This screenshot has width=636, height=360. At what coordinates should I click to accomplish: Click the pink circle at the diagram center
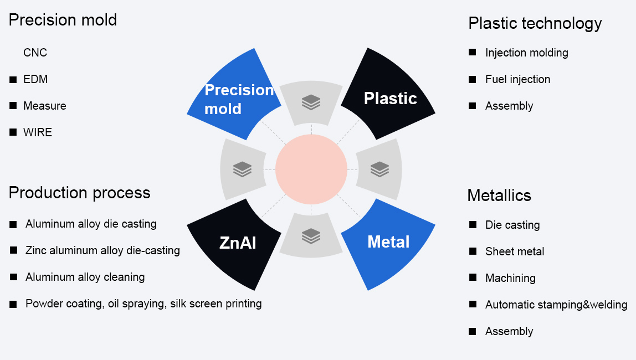(311, 169)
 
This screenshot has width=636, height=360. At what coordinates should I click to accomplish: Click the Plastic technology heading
(535, 23)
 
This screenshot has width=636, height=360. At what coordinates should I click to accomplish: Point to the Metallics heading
(499, 196)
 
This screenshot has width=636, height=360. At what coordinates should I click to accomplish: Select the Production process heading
(79, 193)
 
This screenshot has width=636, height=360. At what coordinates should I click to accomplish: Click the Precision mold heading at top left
(63, 20)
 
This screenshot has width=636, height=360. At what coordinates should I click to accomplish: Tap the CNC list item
(35, 53)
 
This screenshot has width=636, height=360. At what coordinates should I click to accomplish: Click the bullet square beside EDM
(13, 80)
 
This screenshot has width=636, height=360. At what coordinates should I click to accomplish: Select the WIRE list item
(38, 132)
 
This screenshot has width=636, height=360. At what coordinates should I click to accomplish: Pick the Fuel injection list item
(517, 79)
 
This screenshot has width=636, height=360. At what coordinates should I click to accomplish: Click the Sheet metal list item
(515, 251)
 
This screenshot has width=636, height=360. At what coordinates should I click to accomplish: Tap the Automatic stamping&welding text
(556, 305)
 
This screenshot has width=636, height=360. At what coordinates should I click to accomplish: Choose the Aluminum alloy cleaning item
(85, 277)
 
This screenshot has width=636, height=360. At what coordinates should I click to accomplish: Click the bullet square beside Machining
(473, 277)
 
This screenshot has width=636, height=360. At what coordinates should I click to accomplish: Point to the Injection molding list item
(526, 53)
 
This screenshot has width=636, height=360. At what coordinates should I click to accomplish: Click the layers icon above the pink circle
(311, 102)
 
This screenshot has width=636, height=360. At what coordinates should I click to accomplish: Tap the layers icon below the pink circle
(311, 236)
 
